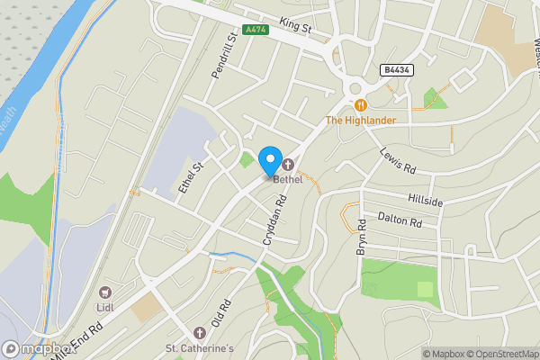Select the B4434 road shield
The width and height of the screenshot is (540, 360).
point(396,69)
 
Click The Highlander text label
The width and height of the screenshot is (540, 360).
point(360,121)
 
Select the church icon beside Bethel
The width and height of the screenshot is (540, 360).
point(288,165)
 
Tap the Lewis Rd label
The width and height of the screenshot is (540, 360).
point(397,161)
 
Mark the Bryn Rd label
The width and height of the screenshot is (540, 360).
point(362,237)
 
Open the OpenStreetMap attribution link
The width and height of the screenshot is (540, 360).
point(500,354)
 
